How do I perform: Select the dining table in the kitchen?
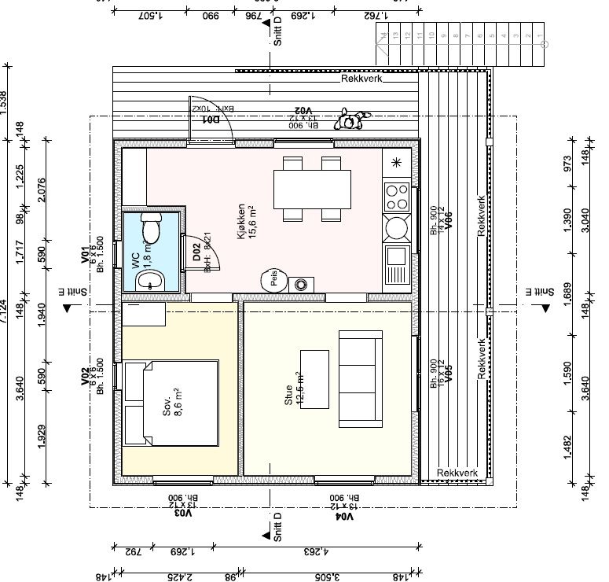click(313, 189)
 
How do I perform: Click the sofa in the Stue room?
click(360, 378)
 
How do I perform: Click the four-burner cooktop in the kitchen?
click(397, 194)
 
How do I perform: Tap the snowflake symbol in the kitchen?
click(396, 163)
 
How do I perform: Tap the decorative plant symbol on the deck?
click(350, 120)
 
